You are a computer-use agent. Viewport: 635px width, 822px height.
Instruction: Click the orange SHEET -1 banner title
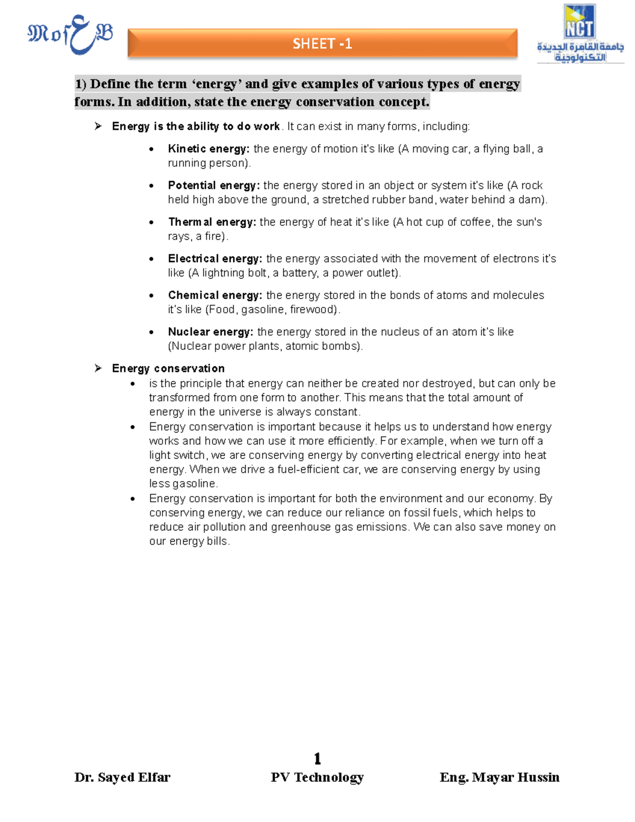[322, 43]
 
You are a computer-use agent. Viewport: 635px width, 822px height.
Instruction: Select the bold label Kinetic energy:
[208, 149]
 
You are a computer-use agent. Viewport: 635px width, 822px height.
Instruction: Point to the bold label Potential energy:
[214, 185]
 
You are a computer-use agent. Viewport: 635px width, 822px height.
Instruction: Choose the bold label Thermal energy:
[212, 222]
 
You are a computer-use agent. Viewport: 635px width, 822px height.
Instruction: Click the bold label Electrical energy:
[215, 258]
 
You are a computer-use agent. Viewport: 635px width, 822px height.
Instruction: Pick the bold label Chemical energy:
[215, 295]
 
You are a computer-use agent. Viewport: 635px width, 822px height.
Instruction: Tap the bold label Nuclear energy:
[211, 332]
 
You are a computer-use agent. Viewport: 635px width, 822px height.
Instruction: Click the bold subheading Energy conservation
[168, 368]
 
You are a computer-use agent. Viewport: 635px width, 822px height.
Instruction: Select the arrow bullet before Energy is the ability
[98, 126]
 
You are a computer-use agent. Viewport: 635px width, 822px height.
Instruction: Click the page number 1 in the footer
[317, 758]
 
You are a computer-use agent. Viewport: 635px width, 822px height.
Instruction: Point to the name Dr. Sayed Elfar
[122, 777]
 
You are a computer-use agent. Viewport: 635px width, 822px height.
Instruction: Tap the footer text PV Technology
[317, 777]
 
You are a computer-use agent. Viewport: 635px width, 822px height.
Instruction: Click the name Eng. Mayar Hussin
[499, 777]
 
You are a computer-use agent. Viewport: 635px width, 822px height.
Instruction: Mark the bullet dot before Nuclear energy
[152, 332]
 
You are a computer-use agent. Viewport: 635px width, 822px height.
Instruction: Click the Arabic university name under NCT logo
[580, 52]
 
